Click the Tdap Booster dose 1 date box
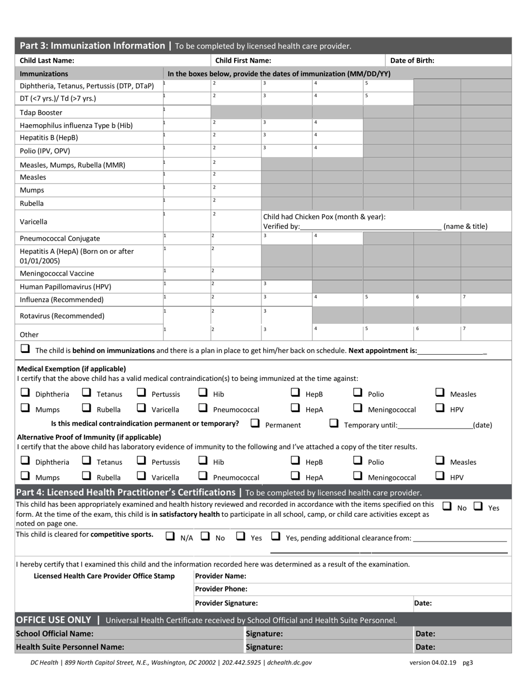coord(186,112)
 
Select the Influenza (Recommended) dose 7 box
coord(486,299)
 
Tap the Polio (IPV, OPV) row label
coord(45,151)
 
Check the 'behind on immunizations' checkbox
coord(25,348)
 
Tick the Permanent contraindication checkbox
coord(255,423)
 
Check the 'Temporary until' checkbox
coord(334,423)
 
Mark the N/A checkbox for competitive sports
coord(170,536)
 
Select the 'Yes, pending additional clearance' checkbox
coord(276,536)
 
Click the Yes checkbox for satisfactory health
coord(478,506)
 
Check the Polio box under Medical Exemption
coord(358,393)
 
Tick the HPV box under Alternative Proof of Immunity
coord(440,476)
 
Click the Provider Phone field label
coord(221,589)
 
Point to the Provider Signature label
coord(226,603)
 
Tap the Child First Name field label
coord(243,60)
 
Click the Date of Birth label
coord(412,60)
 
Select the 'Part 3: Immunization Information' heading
coord(92,46)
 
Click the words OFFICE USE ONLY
coord(53,620)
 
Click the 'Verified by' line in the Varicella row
coord(370,227)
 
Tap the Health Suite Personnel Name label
coord(70,647)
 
